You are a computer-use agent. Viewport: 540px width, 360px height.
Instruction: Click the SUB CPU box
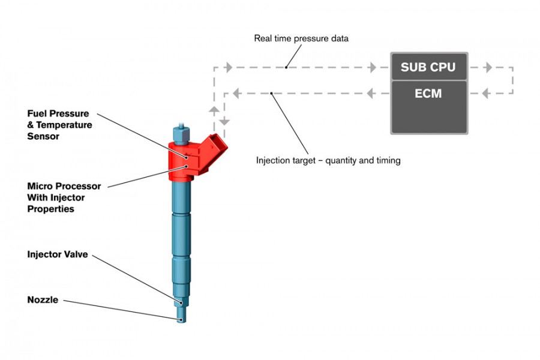click(429, 67)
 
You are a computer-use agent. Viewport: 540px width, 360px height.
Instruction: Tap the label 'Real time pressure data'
click(301, 39)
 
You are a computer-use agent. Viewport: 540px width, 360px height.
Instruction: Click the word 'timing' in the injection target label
click(386, 161)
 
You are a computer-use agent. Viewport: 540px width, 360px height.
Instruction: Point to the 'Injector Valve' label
click(58, 254)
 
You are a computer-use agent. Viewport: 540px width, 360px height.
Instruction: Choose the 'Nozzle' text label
click(43, 299)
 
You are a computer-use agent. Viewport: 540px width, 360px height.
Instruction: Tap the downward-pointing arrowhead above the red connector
click(224, 121)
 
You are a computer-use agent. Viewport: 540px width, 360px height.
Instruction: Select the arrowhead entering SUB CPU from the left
click(373, 68)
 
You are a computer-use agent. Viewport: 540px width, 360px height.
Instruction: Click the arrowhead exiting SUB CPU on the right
click(488, 68)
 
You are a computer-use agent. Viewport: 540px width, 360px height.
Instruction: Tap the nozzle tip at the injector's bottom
click(181, 319)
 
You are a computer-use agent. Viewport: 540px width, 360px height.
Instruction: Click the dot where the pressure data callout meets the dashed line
click(286, 68)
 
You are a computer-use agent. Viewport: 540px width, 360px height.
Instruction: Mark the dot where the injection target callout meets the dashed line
click(271, 93)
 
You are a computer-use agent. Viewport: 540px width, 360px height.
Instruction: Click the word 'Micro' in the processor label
click(40, 186)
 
